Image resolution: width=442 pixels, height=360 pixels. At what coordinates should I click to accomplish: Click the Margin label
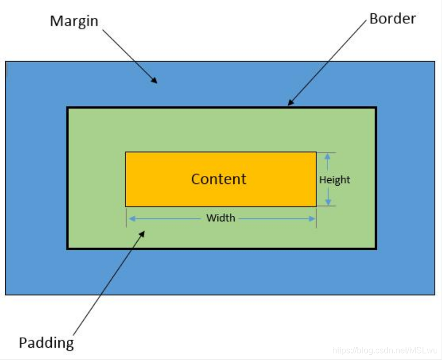click(x=74, y=22)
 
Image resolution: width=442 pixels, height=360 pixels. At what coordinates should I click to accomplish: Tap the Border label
click(x=392, y=19)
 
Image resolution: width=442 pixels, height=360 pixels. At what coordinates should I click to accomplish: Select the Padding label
click(x=46, y=343)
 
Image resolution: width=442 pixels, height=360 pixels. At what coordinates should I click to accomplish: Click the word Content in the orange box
click(x=218, y=179)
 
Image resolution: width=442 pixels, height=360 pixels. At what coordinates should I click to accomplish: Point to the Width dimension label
click(x=220, y=218)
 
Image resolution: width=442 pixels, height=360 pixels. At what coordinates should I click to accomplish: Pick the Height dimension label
click(x=334, y=180)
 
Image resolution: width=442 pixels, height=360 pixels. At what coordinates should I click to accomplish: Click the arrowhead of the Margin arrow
click(x=155, y=82)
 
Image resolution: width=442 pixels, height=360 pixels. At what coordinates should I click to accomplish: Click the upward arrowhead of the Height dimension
click(x=328, y=155)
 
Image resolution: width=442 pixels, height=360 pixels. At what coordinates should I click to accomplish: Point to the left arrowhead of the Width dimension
click(x=130, y=218)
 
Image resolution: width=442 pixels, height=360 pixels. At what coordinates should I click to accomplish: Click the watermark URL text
click(x=384, y=351)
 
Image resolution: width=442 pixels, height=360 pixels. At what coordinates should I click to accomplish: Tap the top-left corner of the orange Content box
click(x=126, y=152)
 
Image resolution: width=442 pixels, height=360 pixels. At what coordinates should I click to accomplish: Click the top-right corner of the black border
click(x=376, y=108)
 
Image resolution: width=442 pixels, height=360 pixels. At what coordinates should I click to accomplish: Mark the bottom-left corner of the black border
click(x=68, y=248)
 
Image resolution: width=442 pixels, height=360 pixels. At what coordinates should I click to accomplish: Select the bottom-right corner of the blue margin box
click(x=435, y=294)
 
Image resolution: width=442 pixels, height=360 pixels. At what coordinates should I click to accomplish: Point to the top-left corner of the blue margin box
click(x=6, y=62)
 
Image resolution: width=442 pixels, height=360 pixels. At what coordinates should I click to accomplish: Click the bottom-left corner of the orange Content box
click(x=126, y=206)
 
